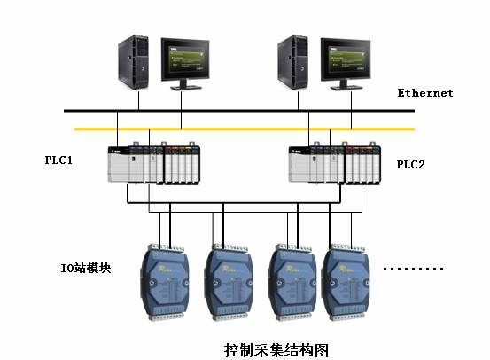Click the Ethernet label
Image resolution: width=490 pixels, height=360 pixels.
point(425,93)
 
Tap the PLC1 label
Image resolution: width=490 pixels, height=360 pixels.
point(58,160)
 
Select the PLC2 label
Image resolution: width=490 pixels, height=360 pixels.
point(410,165)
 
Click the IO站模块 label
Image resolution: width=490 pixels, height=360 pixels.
point(86,268)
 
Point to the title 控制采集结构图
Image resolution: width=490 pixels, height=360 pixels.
point(276,350)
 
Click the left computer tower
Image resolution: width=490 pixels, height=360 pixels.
point(133,62)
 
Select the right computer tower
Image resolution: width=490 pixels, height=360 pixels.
point(292,62)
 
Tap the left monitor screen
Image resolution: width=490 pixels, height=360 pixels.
point(185,59)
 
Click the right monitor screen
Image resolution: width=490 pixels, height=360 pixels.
point(346,59)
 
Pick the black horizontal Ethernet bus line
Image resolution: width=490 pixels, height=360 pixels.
point(239,111)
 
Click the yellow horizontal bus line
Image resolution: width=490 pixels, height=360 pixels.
point(245,129)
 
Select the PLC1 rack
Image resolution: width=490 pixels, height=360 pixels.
point(154,163)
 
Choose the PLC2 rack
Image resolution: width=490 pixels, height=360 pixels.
point(335,163)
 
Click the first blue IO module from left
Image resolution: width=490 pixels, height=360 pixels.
point(165,282)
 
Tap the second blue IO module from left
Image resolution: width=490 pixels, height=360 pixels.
point(229,282)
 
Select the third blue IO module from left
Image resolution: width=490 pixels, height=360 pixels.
point(292,282)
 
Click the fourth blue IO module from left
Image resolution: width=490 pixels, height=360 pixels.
point(346,282)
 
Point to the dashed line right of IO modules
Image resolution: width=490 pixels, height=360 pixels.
point(413,269)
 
